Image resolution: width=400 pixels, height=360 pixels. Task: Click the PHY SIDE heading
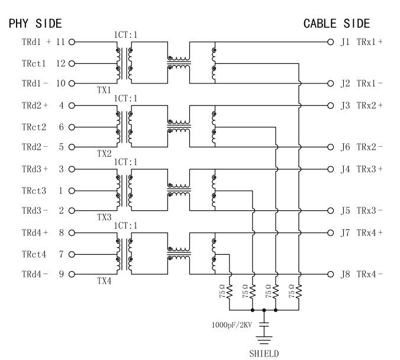pos(35,24)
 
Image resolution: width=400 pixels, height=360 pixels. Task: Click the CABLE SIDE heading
pos(336,24)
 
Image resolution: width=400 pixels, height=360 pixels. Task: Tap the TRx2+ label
pos(369,106)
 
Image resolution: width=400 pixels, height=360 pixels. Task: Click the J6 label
pos(346,147)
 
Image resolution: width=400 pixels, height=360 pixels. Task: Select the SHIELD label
pos(264,353)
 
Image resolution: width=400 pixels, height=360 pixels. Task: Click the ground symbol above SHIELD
pos(264,339)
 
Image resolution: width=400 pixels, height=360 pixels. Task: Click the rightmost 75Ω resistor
pos(299,292)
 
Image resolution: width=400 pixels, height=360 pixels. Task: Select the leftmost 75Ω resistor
pos(229,292)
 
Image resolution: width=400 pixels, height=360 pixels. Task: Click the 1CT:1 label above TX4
pos(125,226)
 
